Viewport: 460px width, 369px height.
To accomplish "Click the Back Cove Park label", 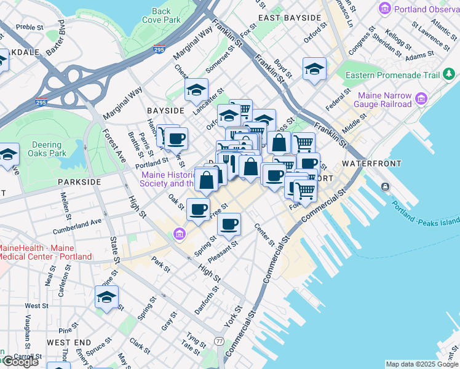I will click(x=161, y=15).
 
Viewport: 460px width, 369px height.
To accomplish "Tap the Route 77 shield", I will click(x=220, y=341).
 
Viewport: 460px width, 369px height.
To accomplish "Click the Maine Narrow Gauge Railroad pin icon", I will click(x=421, y=98).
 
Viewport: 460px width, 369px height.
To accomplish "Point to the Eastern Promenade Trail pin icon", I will click(x=450, y=75).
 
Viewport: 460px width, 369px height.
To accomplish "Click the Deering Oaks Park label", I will click(x=47, y=149).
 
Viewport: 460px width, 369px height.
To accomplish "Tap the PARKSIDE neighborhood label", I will click(x=79, y=182).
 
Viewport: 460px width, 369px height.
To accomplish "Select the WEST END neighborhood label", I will click(x=69, y=342).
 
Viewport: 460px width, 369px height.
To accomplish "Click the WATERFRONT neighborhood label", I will click(x=371, y=164).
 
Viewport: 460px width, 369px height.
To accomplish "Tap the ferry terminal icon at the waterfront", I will click(x=385, y=186).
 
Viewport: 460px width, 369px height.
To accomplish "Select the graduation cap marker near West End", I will click(x=106, y=298).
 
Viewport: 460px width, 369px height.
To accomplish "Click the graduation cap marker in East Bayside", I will click(x=314, y=69).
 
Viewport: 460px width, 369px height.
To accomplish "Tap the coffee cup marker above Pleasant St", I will click(x=229, y=224).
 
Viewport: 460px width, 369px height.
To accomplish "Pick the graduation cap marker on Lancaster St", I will click(x=196, y=90).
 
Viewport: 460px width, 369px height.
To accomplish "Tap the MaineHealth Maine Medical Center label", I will click(x=45, y=252).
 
